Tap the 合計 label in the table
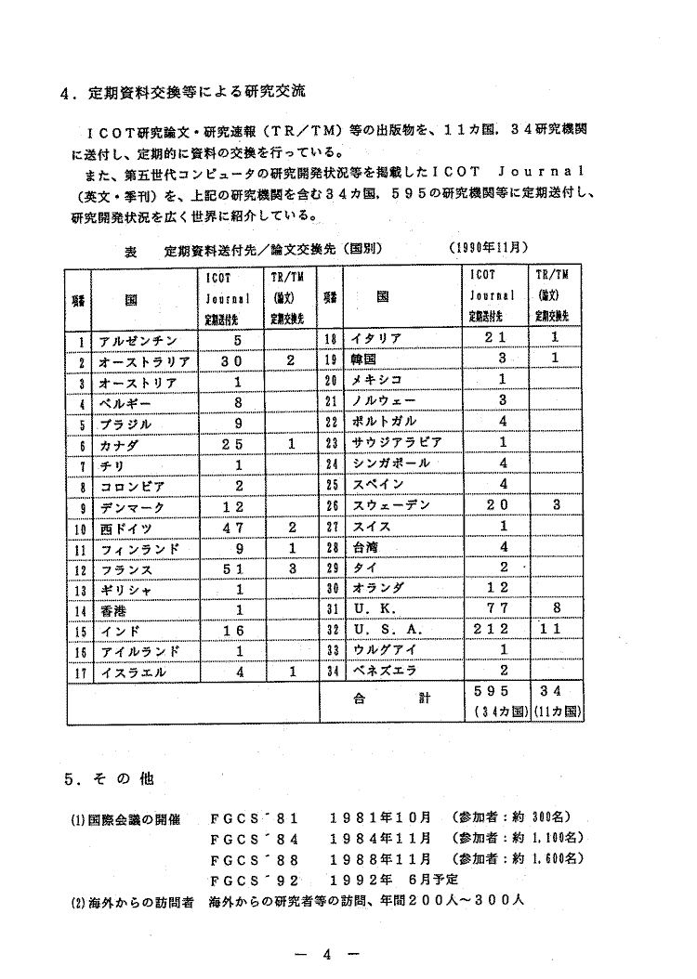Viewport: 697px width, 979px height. [390, 700]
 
